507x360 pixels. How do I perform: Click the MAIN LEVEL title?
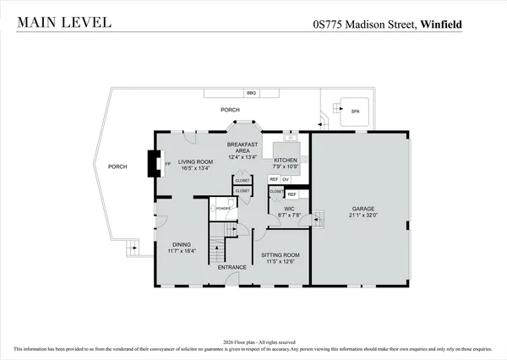point(62,22)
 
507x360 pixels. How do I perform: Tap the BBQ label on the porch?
point(251,93)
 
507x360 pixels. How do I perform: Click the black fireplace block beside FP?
point(153,163)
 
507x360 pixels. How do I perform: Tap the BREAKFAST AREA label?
point(242,148)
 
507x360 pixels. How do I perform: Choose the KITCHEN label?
point(285,160)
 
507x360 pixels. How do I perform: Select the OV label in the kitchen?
point(286,180)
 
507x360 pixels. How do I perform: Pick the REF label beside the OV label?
point(274,180)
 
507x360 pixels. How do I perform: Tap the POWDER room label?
point(223,208)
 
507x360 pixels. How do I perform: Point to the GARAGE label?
point(363,208)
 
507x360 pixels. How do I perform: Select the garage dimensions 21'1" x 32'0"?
point(363,215)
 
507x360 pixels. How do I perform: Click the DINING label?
point(182,244)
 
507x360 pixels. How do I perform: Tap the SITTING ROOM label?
point(280,254)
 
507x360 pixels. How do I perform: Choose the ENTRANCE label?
point(232,267)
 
